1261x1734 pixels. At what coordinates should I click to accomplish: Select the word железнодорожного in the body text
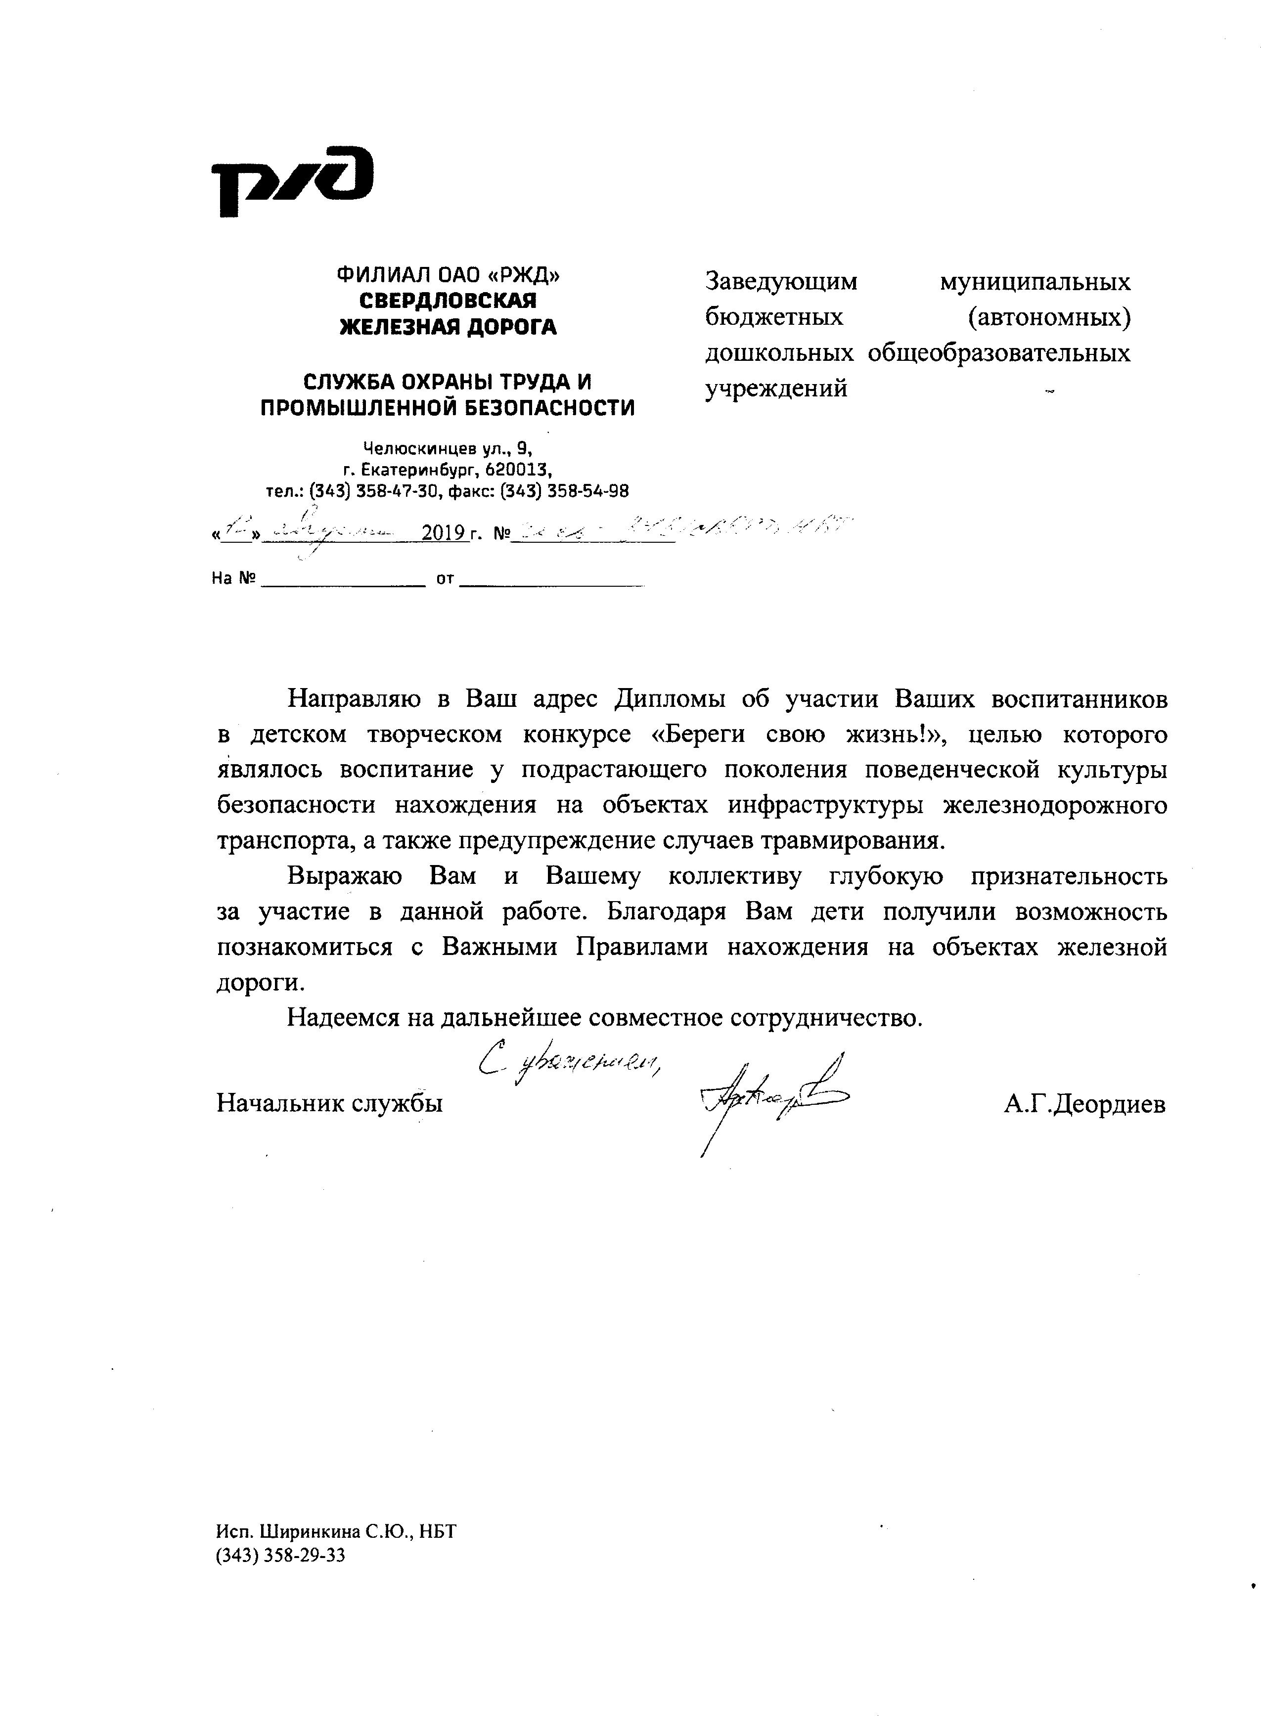(x=1055, y=805)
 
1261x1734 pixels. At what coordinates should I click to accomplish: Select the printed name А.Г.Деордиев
(x=1084, y=1104)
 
